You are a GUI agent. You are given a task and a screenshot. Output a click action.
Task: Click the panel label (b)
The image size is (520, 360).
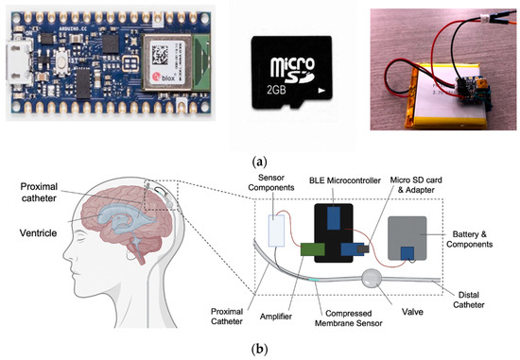point(260,348)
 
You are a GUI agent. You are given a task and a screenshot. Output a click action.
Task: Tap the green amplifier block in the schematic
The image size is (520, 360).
point(311,249)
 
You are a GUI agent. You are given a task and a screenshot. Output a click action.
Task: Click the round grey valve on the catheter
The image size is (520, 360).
point(370,281)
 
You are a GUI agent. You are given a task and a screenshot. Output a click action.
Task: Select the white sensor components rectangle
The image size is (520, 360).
point(278,229)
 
